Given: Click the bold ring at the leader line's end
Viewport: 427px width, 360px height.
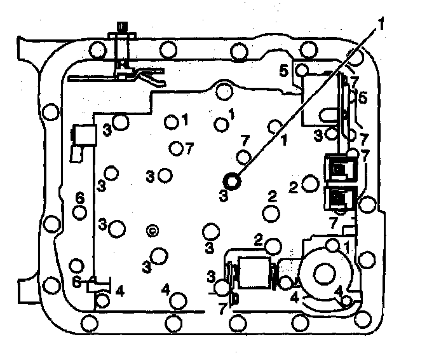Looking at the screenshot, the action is pos(233,181).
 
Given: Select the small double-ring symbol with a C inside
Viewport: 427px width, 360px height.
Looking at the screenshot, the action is pos(152,230).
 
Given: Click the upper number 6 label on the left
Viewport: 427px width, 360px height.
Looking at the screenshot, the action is pos(80,198).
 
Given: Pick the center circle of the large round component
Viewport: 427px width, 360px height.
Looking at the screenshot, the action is pos(323,274).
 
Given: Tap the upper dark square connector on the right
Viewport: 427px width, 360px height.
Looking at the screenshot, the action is pos(341,170).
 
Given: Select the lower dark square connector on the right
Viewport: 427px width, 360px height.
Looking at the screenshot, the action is pos(341,198).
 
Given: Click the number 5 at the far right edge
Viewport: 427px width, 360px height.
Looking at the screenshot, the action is pos(363,98).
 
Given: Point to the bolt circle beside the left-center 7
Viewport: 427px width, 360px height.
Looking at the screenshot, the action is pos(177,148).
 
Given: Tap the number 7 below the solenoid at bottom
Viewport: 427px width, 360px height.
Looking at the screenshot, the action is pos(223,308).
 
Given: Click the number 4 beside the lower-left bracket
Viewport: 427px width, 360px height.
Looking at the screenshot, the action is pos(119,291).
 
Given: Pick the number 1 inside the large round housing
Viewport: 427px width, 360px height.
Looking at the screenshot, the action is pos(347,245).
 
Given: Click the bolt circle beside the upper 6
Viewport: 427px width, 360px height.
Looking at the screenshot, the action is pos(80,212).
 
